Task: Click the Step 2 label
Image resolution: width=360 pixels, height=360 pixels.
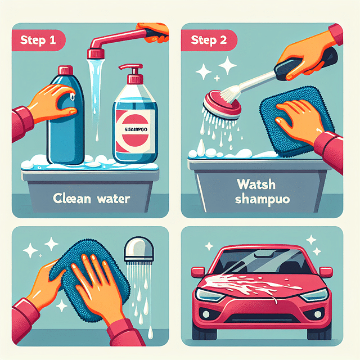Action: click(x=209, y=40)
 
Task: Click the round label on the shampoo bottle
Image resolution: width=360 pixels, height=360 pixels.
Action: click(x=134, y=130)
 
